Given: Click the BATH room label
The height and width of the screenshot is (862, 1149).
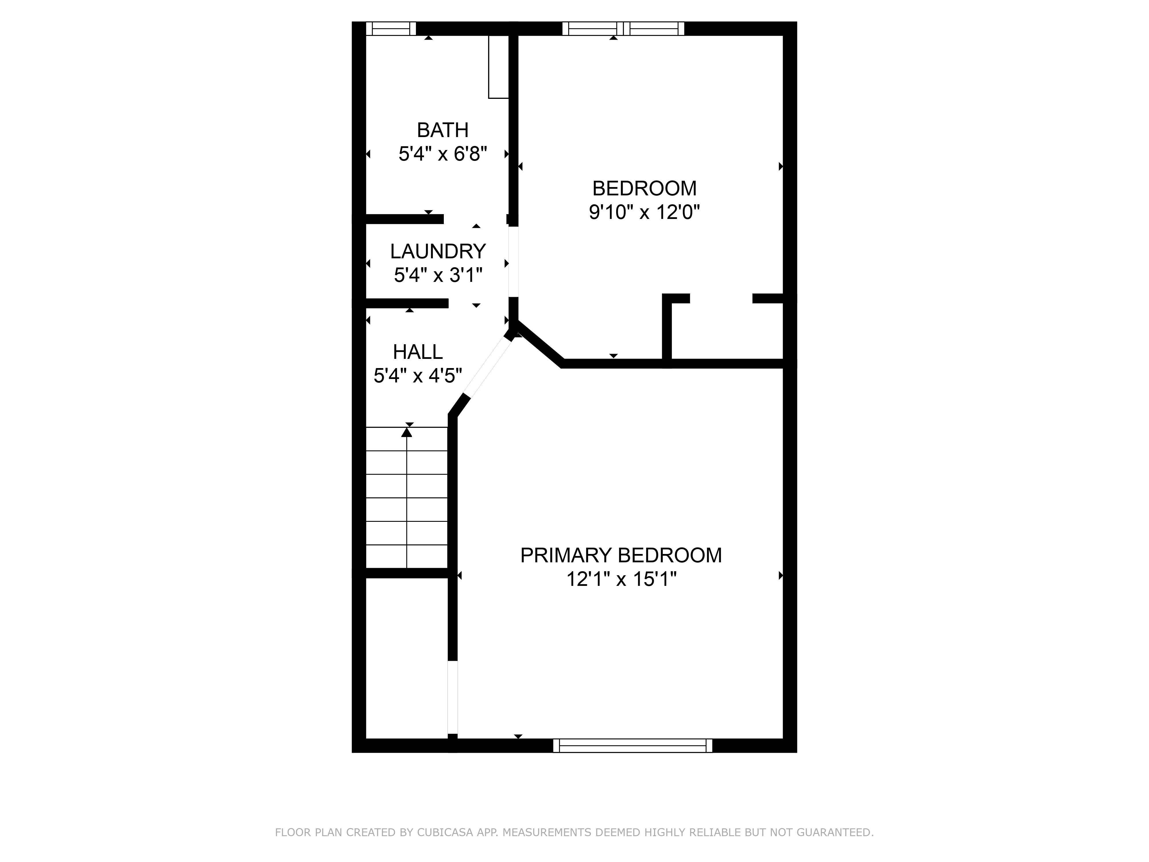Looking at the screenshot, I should pos(443,130).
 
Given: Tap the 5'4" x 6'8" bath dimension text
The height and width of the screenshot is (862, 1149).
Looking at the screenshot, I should pos(443,154).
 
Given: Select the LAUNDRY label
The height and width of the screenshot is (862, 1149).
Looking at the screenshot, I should pos(438,251).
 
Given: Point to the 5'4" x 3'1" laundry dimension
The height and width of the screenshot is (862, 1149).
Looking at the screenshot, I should pos(438,275).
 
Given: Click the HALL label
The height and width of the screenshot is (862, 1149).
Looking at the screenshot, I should pos(418,352).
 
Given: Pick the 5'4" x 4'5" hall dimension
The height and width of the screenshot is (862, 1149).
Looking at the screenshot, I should pos(418,376).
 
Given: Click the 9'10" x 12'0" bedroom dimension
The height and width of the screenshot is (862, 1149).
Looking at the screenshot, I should pos(644,213).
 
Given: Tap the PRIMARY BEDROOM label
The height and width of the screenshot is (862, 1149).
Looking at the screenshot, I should pos(621,555).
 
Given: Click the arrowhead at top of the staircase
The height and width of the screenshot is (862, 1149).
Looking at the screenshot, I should pos(407,432).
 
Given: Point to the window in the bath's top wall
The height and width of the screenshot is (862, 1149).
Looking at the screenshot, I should pos(391,28).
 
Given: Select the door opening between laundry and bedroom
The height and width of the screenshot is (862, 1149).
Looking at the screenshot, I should pos(513,261).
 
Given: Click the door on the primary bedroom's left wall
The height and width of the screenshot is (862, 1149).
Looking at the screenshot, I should pos(453,697).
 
